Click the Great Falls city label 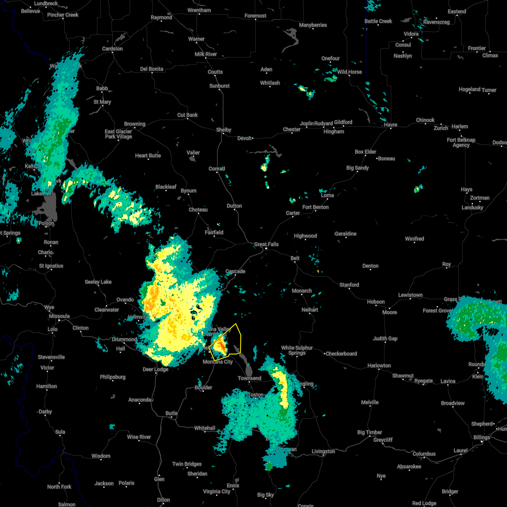pos(266,244)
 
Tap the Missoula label pos(59,316)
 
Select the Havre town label pos(390,125)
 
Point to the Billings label pos(482,437)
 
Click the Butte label pos(172,413)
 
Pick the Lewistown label pos(410,295)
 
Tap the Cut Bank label pos(188,115)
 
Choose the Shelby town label pos(224,130)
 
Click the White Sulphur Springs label pos(297,350)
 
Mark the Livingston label pos(323,451)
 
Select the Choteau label pos(198,210)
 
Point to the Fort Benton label pos(315,207)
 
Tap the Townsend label pos(249,378)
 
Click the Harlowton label pos(379,365)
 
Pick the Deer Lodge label pos(155,369)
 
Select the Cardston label pos(112,49)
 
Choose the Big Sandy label pos(357,168)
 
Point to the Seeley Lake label pos(98,282)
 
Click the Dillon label pos(163,500)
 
